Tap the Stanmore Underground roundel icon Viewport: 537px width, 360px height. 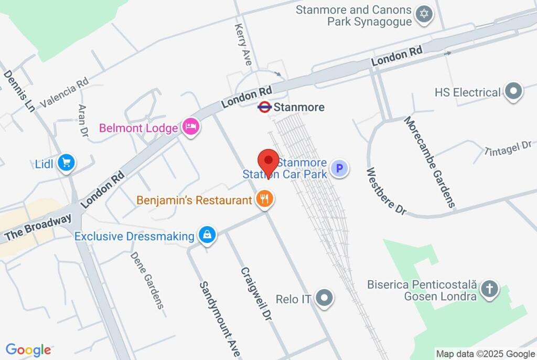click(265, 107)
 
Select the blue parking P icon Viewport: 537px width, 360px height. click(339, 168)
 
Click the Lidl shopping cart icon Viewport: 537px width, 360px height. click(66, 163)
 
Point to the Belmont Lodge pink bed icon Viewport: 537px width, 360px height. click(191, 126)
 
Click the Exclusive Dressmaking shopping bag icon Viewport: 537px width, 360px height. click(208, 235)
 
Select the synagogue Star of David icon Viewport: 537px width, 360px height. click(424, 14)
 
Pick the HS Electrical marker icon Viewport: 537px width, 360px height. click(513, 91)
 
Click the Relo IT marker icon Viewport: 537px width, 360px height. click(326, 299)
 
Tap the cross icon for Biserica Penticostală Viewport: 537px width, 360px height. click(489, 289)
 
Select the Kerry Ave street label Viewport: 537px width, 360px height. click(243, 45)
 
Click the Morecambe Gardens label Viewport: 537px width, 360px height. click(428, 162)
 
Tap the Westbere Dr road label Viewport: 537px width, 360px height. click(386, 191)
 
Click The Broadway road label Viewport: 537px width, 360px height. click(38, 228)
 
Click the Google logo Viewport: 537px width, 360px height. click(28, 350)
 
